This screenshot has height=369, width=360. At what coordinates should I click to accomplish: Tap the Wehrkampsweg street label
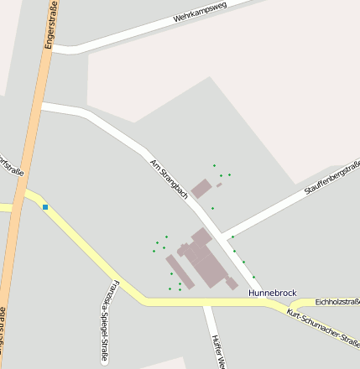(x=201, y=15)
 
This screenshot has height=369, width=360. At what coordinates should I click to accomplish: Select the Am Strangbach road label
(x=169, y=178)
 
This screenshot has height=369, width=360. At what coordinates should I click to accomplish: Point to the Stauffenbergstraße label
(x=331, y=179)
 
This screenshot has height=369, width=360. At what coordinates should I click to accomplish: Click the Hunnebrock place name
(x=273, y=293)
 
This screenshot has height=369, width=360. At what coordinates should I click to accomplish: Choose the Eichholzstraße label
(x=337, y=301)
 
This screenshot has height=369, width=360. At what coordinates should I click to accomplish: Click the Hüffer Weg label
(x=217, y=351)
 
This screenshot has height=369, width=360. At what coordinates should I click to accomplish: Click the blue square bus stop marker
(x=45, y=207)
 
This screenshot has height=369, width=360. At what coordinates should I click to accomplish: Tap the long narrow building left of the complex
(x=177, y=271)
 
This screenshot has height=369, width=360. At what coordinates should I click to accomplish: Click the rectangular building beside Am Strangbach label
(x=201, y=188)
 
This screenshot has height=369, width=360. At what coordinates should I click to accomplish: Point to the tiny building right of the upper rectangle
(x=219, y=184)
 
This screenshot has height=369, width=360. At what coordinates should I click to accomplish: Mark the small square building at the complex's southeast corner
(x=232, y=283)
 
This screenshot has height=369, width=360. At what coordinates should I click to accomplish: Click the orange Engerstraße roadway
(x=25, y=168)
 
